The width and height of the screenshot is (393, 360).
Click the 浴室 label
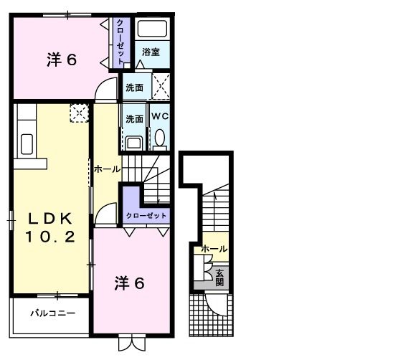(150, 52)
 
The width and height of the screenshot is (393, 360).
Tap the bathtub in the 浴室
(151, 30)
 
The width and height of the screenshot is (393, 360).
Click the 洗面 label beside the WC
(134, 119)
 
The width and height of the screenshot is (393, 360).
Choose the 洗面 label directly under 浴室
(134, 87)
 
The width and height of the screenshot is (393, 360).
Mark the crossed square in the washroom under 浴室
(161, 87)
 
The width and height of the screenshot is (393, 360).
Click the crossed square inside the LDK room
(78, 112)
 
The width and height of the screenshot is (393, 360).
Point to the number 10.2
(50, 237)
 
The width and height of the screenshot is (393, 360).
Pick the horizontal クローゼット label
(146, 215)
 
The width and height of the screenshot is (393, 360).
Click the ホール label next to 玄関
(214, 249)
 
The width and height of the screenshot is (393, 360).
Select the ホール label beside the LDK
(107, 169)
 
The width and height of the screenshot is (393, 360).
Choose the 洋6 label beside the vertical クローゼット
(62, 60)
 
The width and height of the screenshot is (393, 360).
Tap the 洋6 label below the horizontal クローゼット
(130, 283)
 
